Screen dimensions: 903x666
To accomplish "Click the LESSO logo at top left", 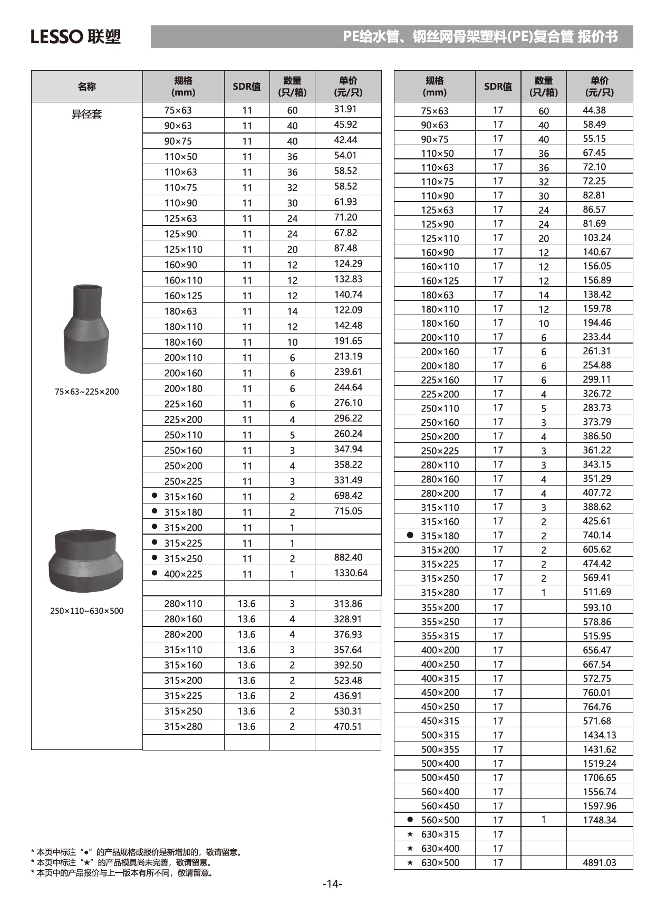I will (x=75, y=36).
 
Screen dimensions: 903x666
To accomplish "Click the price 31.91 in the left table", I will (x=345, y=109).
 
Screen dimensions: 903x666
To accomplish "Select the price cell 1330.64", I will (x=351, y=573).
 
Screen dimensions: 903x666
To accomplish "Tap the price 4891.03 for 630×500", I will (x=599, y=862).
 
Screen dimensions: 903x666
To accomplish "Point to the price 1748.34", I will (x=599, y=820).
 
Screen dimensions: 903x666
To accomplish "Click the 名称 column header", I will (x=86, y=87).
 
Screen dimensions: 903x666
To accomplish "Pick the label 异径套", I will (x=86, y=114).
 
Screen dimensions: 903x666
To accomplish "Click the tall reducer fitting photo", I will (x=86, y=328).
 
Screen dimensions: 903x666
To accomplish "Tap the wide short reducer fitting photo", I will (x=86, y=560).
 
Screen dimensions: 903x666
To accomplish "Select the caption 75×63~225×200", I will (x=86, y=392).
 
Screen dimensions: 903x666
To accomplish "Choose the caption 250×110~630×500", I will (x=86, y=611).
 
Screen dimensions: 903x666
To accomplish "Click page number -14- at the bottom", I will (x=332, y=884).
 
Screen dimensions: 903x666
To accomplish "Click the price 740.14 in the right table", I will (x=596, y=535).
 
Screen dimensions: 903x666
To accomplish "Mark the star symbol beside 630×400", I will (x=410, y=848).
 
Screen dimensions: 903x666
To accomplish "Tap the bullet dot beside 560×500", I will (x=410, y=820).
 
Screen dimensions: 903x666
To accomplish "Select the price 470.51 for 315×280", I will (x=348, y=726).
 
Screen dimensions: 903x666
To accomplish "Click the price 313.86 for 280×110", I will (x=348, y=604).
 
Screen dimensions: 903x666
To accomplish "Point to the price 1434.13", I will (x=599, y=735).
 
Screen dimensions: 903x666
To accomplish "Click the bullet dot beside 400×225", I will (x=155, y=573).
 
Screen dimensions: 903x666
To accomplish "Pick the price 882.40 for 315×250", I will (x=348, y=557).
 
